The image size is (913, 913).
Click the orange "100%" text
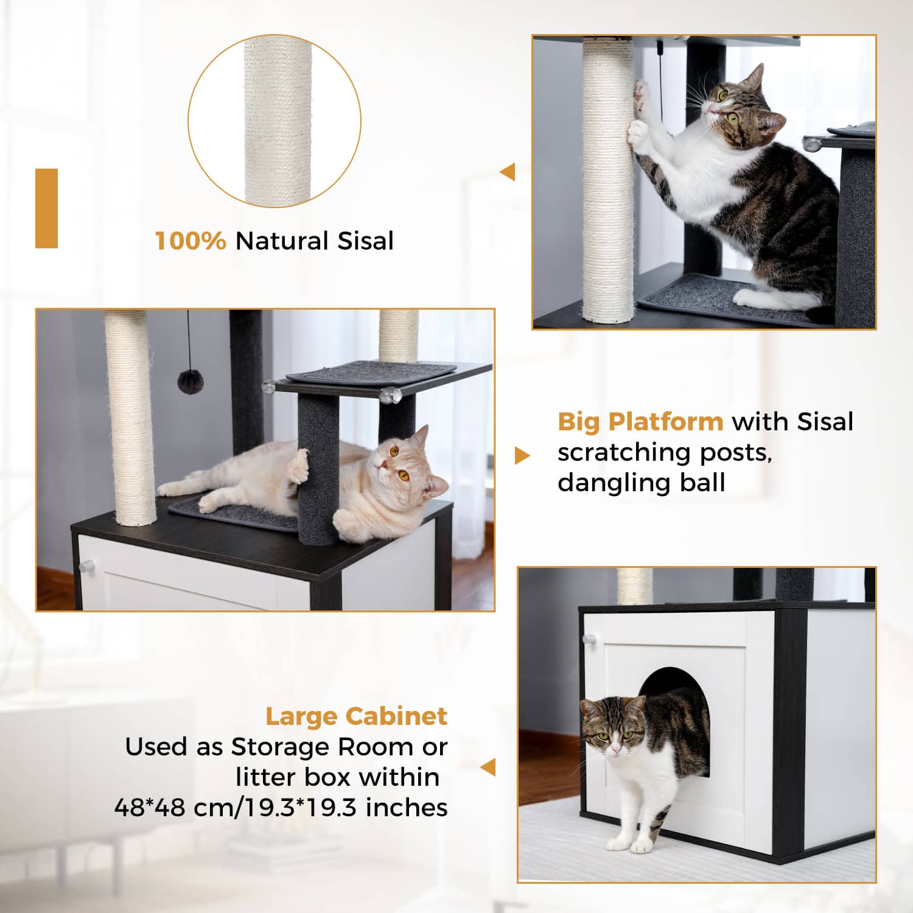tap(191, 241)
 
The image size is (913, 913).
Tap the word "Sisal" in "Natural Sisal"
tap(366, 241)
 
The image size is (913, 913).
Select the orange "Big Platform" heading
tap(640, 422)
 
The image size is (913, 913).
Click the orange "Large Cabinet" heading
tap(356, 716)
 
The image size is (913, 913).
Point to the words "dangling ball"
tap(641, 483)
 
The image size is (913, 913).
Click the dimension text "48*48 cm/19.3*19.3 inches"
tap(281, 808)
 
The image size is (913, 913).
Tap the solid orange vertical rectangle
tap(46, 208)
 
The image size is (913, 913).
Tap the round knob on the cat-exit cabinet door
tap(589, 639)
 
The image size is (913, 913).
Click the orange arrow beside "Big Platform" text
tap(522, 455)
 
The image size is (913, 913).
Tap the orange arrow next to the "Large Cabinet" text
tap(488, 768)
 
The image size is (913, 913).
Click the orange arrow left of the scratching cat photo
tap(508, 172)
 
